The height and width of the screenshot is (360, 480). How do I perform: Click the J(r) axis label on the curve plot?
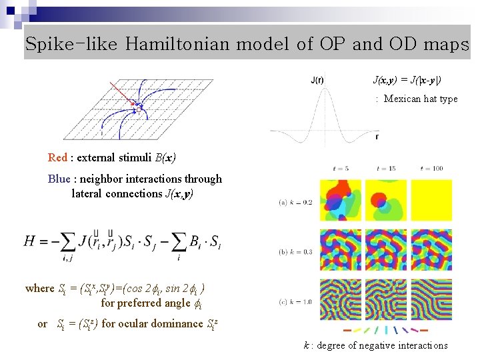click(x=317, y=81)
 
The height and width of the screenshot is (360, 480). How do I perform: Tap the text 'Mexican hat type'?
click(x=421, y=99)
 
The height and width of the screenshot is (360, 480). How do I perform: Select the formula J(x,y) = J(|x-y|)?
click(x=407, y=80)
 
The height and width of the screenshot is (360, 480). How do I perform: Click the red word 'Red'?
click(x=57, y=158)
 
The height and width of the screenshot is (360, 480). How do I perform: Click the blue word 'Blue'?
click(x=59, y=179)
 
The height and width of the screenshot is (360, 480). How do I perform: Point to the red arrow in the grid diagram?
click(x=122, y=93)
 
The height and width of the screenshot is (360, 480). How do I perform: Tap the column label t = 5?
click(x=341, y=168)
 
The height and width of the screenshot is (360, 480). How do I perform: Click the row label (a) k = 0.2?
click(x=296, y=201)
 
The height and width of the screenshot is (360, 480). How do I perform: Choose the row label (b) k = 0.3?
click(x=296, y=251)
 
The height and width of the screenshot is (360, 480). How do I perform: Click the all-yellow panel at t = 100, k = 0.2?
click(x=431, y=201)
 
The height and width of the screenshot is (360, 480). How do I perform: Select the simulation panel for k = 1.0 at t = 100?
click(x=431, y=299)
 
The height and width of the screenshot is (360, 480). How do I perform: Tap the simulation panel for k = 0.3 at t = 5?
click(x=341, y=250)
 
